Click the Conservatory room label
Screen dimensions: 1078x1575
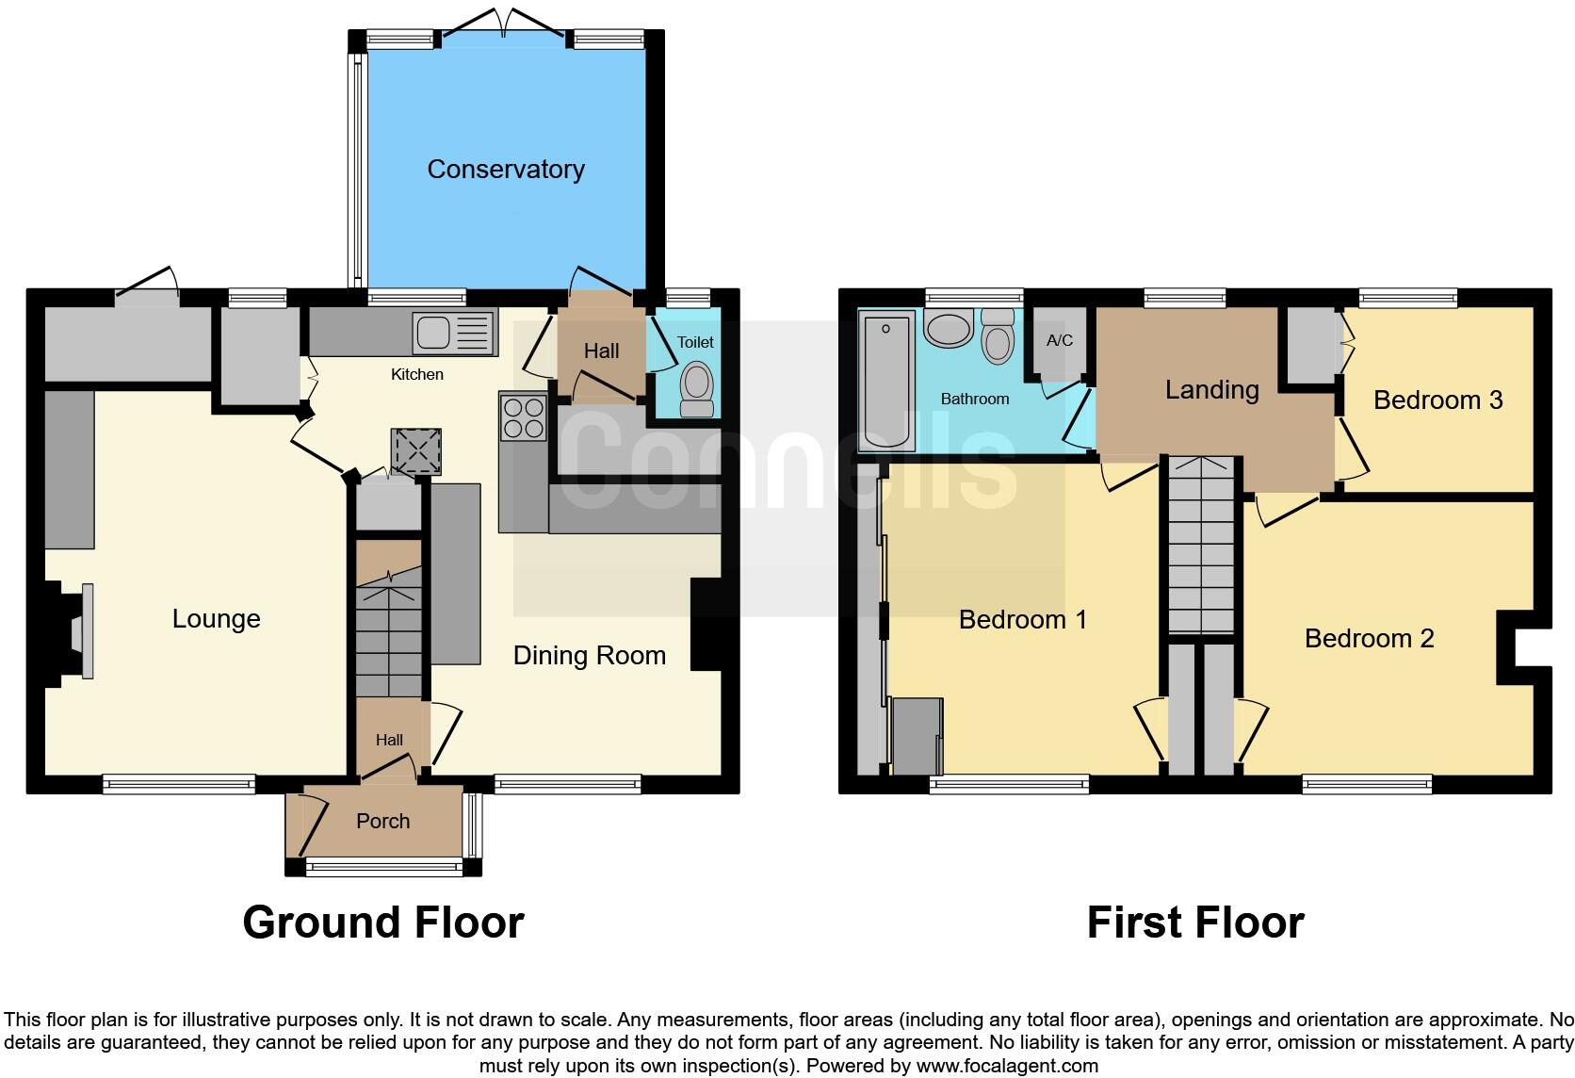coord(506,170)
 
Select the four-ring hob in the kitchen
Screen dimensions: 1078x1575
coord(524,417)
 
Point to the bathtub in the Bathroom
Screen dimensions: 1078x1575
coord(886,382)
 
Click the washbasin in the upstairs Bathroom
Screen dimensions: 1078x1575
coord(950,329)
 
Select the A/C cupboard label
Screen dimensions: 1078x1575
coord(1059,340)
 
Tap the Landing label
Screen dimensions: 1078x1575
coord(1211,389)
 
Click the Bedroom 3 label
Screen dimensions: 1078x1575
coord(1437,400)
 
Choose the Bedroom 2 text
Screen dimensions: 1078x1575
coord(1369,639)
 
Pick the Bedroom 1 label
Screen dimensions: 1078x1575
coord(1022,619)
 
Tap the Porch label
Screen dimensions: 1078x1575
coord(382,821)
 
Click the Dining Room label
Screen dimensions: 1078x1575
coord(589,656)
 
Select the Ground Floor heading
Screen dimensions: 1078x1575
coord(382,922)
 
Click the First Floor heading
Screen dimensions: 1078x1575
coord(1194,922)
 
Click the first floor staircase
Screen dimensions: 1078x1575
coord(1201,547)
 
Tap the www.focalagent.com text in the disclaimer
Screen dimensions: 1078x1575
coord(1008,1067)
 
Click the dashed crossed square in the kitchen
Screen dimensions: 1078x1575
coord(416,449)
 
